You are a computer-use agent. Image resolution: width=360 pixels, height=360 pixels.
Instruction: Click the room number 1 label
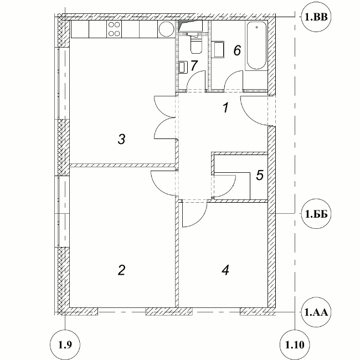coord(226,107)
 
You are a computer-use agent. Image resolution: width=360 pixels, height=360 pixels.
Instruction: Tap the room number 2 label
coord(121,270)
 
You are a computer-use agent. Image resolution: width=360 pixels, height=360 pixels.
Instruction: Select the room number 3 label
coord(121,139)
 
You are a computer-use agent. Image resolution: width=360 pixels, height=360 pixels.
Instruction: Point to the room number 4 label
coord(225,270)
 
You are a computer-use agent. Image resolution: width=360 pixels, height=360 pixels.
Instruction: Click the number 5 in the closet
coord(260,175)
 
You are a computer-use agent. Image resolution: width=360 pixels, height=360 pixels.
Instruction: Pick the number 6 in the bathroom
coord(237,50)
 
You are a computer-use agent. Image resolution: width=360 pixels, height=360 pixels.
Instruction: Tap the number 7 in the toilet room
coord(194,66)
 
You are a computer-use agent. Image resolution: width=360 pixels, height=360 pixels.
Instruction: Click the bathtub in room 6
coord(256,45)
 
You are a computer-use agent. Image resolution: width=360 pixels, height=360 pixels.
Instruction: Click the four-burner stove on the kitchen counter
coord(114,29)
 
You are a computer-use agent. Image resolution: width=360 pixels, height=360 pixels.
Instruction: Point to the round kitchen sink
coord(167,29)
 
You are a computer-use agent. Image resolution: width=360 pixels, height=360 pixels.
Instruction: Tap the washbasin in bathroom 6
coord(218,49)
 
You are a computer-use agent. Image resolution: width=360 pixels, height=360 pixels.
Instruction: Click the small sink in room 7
coord(183,67)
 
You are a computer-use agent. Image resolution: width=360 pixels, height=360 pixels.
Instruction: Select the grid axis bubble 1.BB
coord(316,17)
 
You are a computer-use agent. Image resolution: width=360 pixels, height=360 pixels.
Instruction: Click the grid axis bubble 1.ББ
coord(316,214)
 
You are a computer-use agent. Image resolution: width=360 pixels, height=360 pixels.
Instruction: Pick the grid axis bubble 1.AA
coord(316,312)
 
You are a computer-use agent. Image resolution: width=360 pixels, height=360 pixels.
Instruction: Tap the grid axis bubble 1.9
coord(65,344)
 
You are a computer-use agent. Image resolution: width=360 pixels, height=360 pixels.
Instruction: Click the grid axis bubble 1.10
coord(295,344)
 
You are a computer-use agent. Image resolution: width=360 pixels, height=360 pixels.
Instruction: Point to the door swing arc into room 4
coord(200,220)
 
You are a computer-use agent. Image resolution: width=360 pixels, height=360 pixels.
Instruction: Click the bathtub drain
coord(256,27)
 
